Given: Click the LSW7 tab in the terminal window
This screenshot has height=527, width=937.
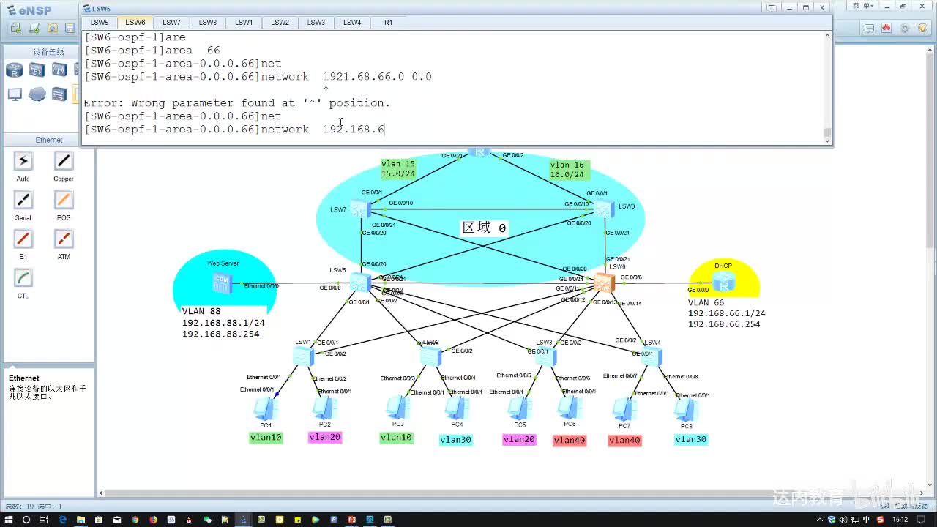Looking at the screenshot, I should click(x=171, y=23).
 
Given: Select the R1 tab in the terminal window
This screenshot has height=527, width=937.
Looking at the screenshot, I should click(x=388, y=23).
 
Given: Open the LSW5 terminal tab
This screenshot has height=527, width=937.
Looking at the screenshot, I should click(x=100, y=23).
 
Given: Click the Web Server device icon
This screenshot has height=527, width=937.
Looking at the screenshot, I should click(x=221, y=283).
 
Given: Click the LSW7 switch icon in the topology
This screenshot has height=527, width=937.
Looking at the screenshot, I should click(x=360, y=209).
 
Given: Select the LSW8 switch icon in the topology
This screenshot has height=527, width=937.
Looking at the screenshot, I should click(x=603, y=209).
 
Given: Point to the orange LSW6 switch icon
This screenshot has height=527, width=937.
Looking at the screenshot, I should click(x=604, y=283).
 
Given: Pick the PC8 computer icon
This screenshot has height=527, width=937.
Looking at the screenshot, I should click(x=686, y=408).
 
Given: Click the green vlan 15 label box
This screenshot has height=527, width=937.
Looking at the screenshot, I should click(x=398, y=169).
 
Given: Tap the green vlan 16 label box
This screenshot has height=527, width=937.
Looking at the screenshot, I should click(x=569, y=170).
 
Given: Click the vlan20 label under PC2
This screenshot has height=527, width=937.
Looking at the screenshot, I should click(x=325, y=438).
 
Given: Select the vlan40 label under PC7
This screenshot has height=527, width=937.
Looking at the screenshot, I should click(x=624, y=440).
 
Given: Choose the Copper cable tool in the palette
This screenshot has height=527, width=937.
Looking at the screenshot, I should click(x=64, y=162).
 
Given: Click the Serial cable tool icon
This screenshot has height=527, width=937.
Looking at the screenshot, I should click(x=23, y=201).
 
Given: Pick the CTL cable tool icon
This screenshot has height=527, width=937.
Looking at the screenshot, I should click(x=23, y=279).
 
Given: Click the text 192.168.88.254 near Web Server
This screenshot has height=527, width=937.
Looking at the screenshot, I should click(x=220, y=334).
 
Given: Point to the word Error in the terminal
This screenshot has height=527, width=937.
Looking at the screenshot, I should click(x=99, y=103).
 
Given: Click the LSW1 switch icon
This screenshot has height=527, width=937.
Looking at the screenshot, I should click(x=302, y=356).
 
